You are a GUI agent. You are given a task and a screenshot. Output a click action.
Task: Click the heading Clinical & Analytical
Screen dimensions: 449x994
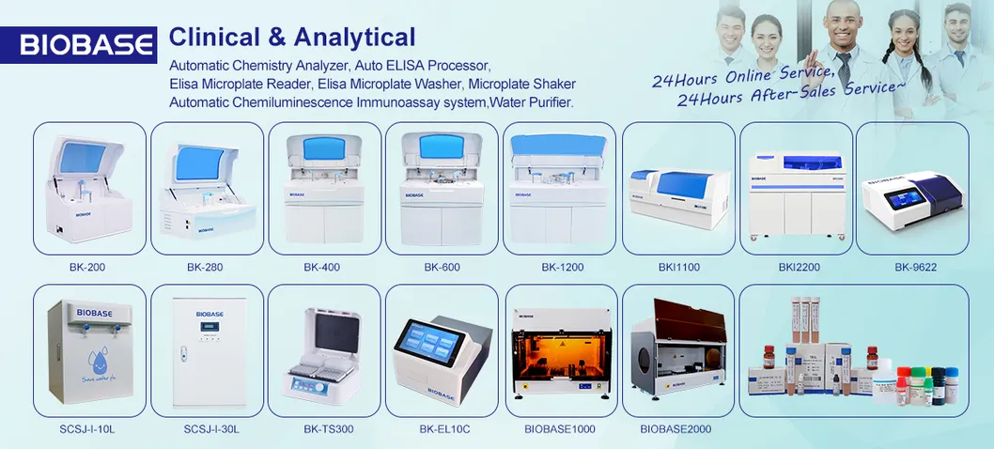point(291,37)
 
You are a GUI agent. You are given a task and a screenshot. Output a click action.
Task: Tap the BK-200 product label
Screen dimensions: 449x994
point(87,268)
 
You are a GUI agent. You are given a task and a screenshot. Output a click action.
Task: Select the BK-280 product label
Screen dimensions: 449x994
point(205,268)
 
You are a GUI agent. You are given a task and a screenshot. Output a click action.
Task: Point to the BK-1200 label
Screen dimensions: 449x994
point(562,268)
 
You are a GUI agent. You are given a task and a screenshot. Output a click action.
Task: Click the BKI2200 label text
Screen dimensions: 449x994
point(799,268)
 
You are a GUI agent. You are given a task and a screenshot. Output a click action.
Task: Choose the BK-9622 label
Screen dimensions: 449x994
point(915,268)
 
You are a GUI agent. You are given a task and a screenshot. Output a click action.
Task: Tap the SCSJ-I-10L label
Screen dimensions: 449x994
point(88,429)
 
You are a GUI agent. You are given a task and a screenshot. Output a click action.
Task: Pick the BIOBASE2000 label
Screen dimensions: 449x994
point(676,429)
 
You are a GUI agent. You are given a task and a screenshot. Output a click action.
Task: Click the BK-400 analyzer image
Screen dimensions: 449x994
point(324,188)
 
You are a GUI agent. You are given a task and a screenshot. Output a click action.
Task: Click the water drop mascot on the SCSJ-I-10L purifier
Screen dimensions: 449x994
point(88,362)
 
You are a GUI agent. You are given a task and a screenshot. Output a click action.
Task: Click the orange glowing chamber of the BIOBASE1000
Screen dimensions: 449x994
point(560,351)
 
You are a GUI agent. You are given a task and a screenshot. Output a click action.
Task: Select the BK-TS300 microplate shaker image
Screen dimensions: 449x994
point(324,352)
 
